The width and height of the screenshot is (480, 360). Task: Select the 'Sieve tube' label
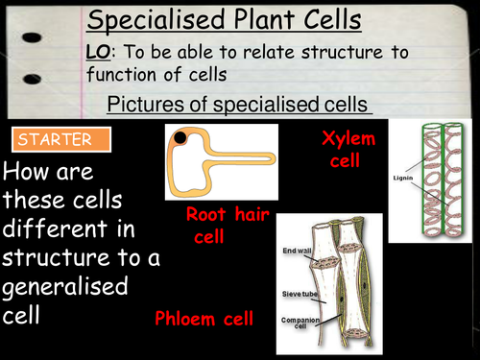tap(296, 272)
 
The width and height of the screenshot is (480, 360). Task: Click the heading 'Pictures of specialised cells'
tap(239, 103)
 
